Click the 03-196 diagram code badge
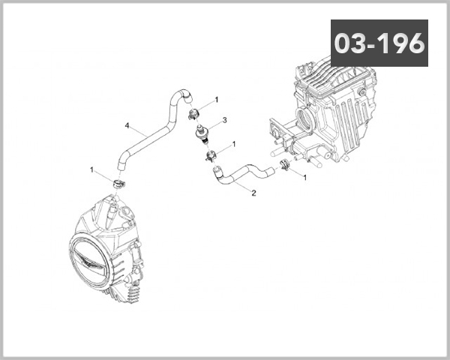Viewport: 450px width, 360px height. click(379, 43)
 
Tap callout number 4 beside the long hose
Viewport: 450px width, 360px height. click(127, 125)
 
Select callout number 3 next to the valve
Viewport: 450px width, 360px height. click(225, 120)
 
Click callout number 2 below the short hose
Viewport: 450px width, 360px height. click(253, 193)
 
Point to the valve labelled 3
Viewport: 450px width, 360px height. click(202, 133)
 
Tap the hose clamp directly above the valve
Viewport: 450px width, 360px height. click(193, 115)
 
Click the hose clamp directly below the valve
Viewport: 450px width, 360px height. click(211, 156)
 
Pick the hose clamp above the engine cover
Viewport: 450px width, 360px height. click(118, 184)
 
